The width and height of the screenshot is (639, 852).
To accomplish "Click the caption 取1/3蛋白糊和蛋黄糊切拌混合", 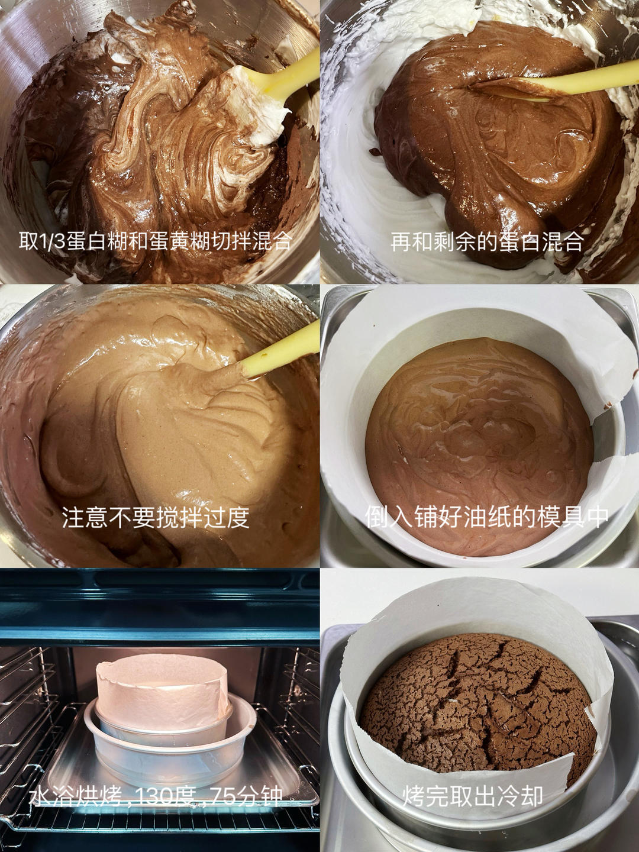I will tap(155, 241).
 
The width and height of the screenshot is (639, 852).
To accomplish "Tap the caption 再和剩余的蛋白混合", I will tap(486, 241).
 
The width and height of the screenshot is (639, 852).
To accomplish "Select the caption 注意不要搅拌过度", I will tap(155, 517).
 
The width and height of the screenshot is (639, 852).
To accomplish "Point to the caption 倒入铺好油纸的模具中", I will tap(486, 516).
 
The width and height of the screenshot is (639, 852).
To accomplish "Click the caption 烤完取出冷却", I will tap(473, 796).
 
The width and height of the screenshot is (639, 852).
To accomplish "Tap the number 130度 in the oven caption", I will tap(166, 796).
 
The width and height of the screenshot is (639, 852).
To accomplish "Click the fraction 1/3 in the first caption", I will tap(51, 241).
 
